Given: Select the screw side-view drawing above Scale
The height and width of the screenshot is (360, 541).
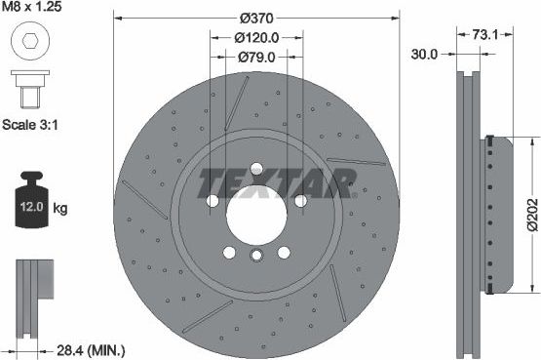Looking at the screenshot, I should (28, 88).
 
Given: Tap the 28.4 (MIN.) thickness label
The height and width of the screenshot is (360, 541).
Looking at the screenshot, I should (91, 348).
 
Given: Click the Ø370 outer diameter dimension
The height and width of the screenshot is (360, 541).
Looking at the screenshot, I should (256, 18).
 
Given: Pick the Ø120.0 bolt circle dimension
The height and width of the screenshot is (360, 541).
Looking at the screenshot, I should (257, 37).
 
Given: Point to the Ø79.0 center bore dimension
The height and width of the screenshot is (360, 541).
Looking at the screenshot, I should (256, 58).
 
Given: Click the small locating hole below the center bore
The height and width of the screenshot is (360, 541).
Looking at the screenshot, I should (256, 257).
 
